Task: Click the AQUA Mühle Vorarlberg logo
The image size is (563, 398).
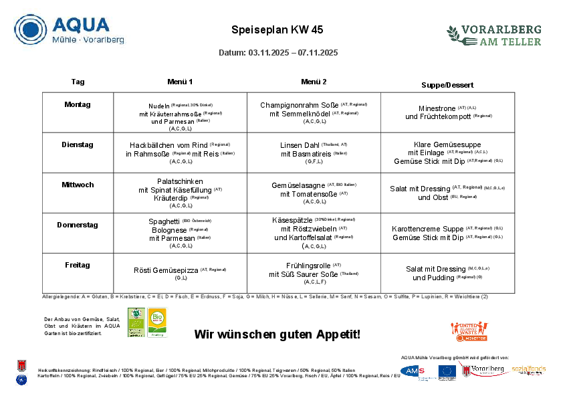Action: [x=69, y=30]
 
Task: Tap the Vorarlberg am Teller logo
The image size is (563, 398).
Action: [x=494, y=35]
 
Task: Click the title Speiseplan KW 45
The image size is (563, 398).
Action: [x=277, y=30]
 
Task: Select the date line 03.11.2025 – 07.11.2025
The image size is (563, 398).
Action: [x=278, y=53]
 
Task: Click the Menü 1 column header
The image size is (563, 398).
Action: [x=180, y=82]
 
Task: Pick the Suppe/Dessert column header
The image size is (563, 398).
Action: [x=447, y=85]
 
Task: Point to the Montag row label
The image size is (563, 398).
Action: [x=78, y=104]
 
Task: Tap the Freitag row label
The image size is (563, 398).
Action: [x=78, y=265]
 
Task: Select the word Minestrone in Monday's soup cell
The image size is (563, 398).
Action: [x=437, y=108]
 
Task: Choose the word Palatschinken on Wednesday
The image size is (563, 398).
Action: [x=180, y=181]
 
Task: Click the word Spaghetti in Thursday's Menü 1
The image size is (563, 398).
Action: [x=164, y=221]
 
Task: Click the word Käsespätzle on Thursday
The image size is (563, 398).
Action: [x=293, y=220]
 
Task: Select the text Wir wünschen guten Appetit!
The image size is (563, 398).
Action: [x=277, y=334]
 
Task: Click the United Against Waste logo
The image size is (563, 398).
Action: [x=469, y=331]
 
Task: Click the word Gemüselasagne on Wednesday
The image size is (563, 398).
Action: [x=298, y=185]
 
